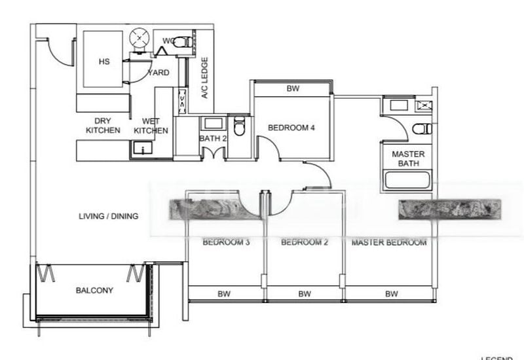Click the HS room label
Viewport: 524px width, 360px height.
[103, 62]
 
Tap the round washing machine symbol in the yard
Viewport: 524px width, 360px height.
[140, 39]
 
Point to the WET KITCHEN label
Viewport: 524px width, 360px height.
[151, 126]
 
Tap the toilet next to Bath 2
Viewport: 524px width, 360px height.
[239, 126]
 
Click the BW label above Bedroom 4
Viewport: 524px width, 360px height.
[293, 88]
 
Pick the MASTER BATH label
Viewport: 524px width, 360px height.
[408, 158]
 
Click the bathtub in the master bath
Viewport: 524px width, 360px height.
[408, 180]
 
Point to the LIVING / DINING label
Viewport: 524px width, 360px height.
[109, 216]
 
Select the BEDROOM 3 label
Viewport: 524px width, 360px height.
[226, 242]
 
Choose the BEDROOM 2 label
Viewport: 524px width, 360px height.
[305, 242]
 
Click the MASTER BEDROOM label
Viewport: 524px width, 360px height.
[389, 242]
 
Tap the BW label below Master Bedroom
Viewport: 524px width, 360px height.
[391, 294]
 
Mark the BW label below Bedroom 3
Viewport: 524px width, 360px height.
[224, 294]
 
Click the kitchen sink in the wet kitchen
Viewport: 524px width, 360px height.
[140, 149]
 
